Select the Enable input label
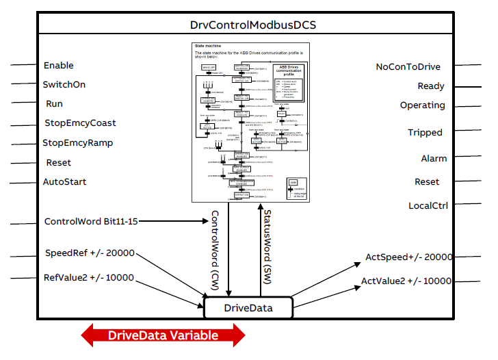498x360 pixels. pos(59,66)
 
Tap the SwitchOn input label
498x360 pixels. pos(64,84)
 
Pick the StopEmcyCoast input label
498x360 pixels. pos(80,123)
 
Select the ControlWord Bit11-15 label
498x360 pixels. pos(90,222)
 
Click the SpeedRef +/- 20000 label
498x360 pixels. pos(89,253)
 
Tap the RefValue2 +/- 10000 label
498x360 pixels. pos(89,278)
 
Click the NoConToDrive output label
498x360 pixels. pos(408,67)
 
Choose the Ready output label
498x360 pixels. pos(431,86)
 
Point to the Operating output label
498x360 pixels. pos(422,105)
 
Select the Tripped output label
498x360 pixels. pos(425,133)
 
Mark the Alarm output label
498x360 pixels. pos(434,159)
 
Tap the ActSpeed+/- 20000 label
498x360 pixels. pos(409,257)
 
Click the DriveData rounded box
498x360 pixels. pos(248,308)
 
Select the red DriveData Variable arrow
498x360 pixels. pos(163,335)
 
